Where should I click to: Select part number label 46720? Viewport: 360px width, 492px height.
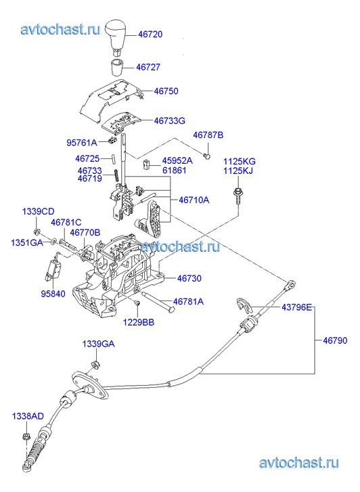(150, 34)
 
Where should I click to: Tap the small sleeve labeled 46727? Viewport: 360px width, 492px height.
(117, 66)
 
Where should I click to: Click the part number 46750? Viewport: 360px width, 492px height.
(166, 91)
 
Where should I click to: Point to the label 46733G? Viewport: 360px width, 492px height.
(169, 120)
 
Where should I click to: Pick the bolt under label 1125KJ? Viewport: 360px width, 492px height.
(238, 196)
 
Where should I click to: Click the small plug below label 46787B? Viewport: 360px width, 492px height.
(207, 156)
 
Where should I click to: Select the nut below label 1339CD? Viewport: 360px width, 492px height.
(37, 232)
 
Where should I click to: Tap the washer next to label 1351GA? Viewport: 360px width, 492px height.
(53, 241)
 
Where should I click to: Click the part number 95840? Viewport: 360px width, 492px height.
(53, 294)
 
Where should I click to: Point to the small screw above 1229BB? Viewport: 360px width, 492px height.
(137, 303)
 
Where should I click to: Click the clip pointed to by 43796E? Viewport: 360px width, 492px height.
(244, 305)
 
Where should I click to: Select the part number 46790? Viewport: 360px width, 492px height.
(335, 340)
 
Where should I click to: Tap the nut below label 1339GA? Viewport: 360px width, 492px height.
(95, 364)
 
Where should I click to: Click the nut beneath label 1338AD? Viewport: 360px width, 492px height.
(26, 437)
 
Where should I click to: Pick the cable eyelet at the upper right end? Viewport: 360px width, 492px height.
(290, 285)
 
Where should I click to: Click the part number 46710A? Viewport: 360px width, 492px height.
(194, 200)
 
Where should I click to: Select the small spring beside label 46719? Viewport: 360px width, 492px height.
(116, 175)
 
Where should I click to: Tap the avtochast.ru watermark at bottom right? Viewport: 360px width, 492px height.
(298, 463)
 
